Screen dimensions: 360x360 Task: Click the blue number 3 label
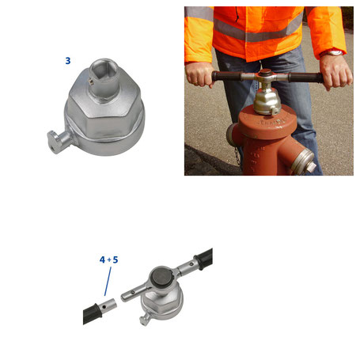(x=68, y=59)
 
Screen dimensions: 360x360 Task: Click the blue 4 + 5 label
(x=108, y=260)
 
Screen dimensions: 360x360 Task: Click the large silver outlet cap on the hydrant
(x=302, y=161)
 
